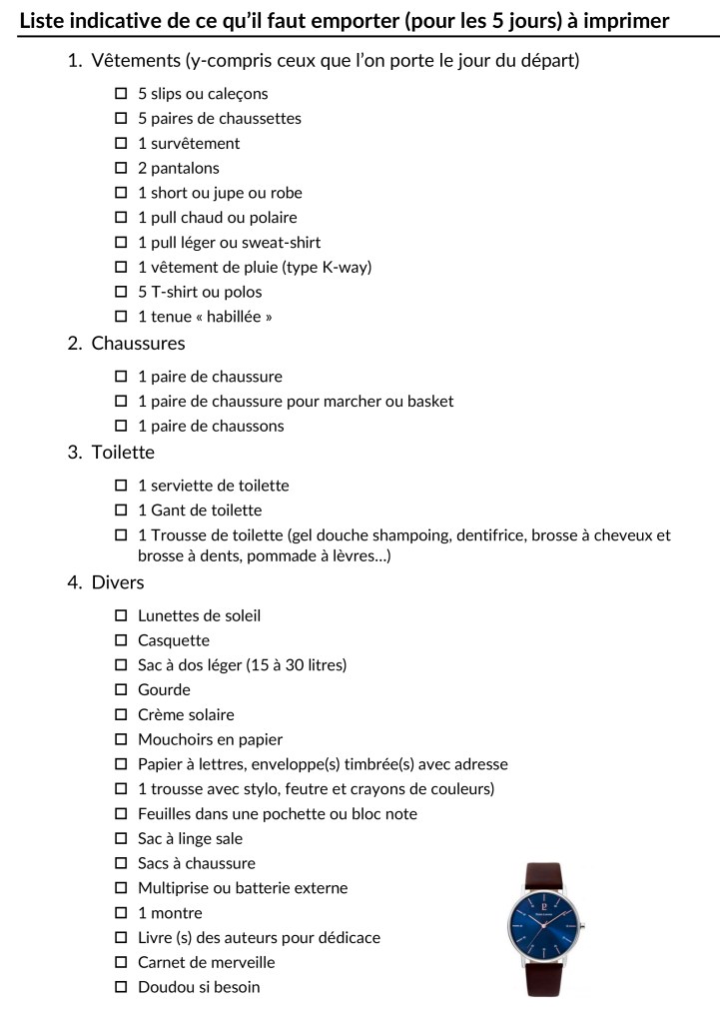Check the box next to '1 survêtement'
pos(121,143)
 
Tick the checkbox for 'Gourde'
pos(121,689)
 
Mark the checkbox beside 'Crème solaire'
pos(121,714)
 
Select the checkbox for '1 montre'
pos(121,912)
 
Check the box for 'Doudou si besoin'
pos(121,987)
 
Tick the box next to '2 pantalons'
pos(121,168)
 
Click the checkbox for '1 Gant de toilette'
pos(121,510)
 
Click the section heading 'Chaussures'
pos(138,344)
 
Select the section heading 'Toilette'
pos(123,453)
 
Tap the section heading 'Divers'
pos(118,582)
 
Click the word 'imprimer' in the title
pos(623,21)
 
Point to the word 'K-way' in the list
pos(347,267)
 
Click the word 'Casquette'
pos(174,640)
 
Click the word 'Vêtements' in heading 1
pos(134,61)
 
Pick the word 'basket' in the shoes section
pos(429,401)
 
